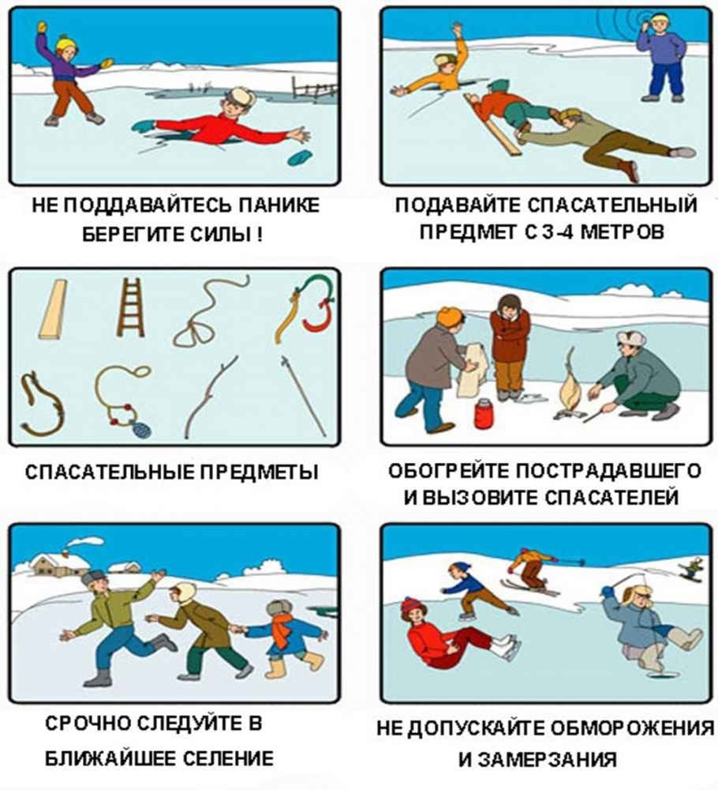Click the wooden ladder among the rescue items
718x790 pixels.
coord(131,307)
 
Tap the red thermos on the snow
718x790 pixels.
coord(484,414)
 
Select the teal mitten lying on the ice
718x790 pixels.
coord(300,157)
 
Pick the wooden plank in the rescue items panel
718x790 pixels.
coord(53,308)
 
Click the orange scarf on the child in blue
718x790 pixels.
coord(282,630)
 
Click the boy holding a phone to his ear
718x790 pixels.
coord(662,56)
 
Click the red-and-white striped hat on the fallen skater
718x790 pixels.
coord(412,605)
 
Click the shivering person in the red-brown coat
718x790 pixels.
coord(510,347)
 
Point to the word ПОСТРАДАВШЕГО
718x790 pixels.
coord(609,471)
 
